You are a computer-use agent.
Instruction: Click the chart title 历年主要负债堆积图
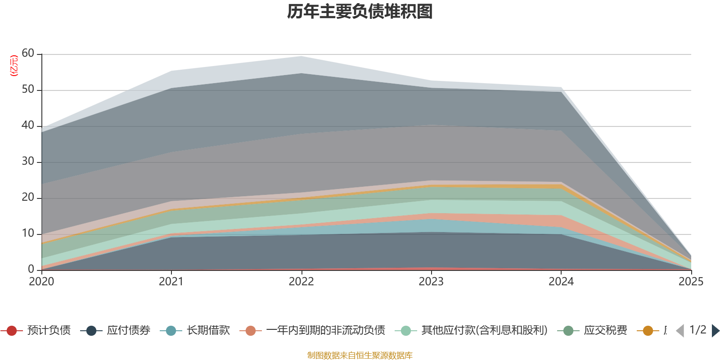tap(360, 12)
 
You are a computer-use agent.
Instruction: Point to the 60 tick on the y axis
tap(28, 54)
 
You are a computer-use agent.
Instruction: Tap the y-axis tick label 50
tap(28, 90)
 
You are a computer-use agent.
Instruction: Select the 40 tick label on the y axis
tap(28, 126)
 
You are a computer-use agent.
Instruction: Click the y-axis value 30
tap(28, 162)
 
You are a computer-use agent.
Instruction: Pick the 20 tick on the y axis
tap(28, 198)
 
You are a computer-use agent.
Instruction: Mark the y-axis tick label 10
tap(28, 234)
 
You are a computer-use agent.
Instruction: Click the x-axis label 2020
tap(41, 282)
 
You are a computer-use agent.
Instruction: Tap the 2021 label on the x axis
tap(171, 282)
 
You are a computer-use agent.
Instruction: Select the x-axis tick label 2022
tap(301, 282)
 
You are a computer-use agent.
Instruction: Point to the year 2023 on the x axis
tap(431, 282)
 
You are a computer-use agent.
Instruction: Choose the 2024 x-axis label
tap(561, 282)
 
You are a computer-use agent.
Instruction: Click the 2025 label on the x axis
tap(691, 282)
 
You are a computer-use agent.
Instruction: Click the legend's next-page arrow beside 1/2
tap(715, 331)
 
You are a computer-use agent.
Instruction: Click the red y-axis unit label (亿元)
tap(14, 66)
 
